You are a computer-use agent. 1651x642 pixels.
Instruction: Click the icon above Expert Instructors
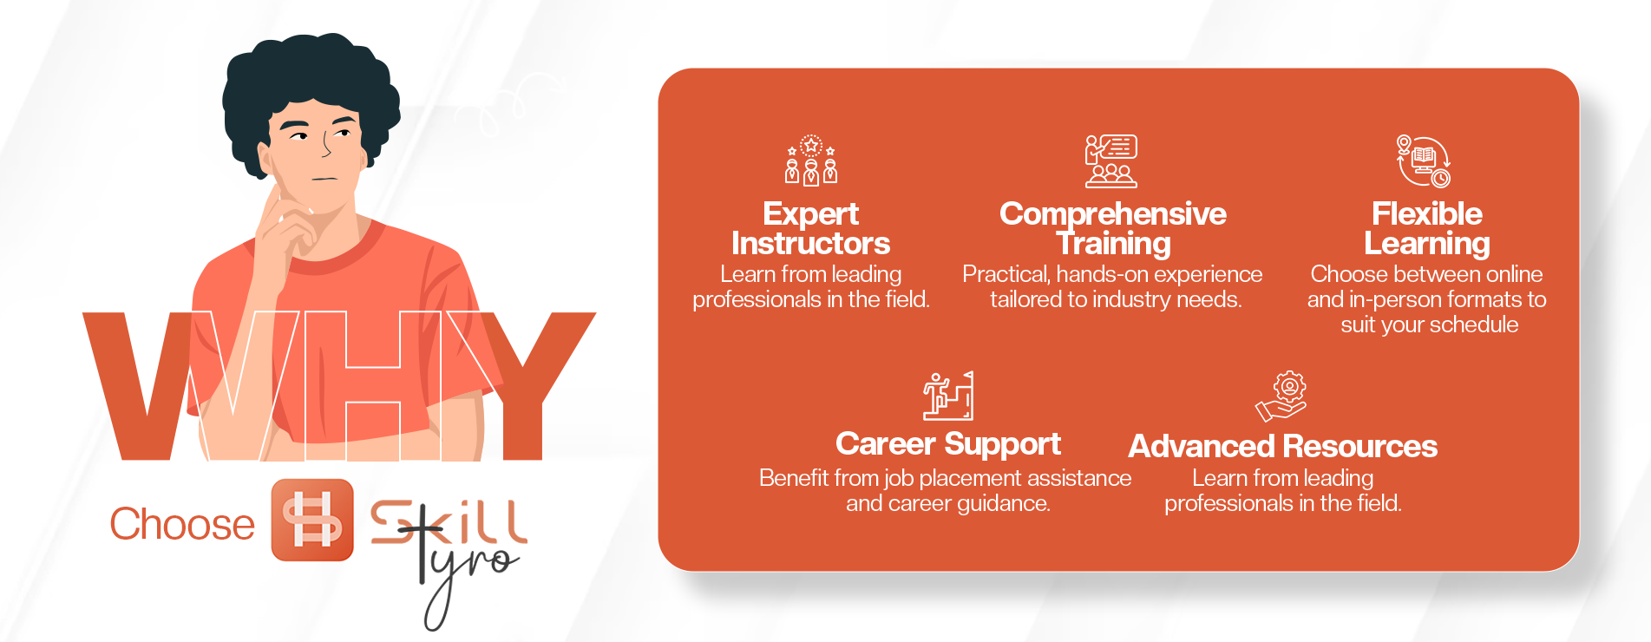(x=811, y=160)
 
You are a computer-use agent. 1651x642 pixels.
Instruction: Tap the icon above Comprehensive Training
(x=1110, y=161)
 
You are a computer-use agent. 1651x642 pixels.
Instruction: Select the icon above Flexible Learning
(x=1424, y=160)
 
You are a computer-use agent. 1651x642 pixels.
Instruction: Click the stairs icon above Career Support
(x=948, y=396)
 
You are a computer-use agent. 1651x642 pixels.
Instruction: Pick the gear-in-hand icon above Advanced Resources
(x=1281, y=396)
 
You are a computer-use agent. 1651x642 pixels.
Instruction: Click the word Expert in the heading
(x=810, y=214)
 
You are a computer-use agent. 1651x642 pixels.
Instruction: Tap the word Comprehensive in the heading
(x=1112, y=214)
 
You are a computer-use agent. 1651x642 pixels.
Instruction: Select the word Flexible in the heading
(x=1426, y=213)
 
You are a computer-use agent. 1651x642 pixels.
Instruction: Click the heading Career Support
(x=947, y=444)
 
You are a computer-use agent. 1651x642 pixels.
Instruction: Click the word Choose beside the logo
(x=182, y=524)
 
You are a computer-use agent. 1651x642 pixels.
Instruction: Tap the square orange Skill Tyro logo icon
(x=312, y=520)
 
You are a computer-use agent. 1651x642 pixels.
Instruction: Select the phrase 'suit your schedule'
(x=1429, y=325)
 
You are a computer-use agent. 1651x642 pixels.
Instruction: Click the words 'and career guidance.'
(x=948, y=504)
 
